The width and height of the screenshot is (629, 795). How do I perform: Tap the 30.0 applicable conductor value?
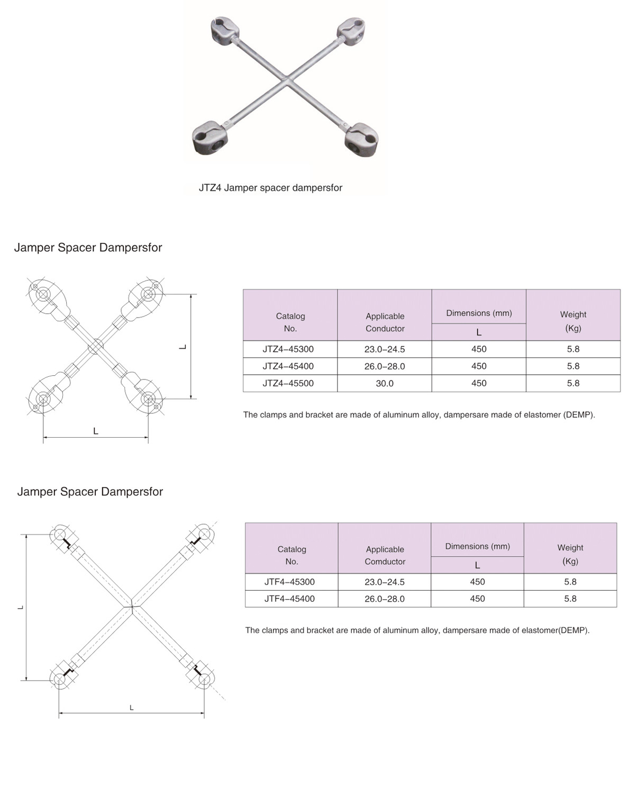[x=385, y=383]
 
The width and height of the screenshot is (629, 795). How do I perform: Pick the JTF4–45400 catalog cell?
[x=289, y=599]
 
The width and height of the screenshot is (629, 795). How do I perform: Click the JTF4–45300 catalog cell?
[x=289, y=582]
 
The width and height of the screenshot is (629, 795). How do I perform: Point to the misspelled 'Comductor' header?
[x=385, y=562]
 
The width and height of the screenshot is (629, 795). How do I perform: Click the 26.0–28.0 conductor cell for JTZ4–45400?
[x=385, y=366]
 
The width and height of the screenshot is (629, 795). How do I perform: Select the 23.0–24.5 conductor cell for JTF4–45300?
[x=385, y=582]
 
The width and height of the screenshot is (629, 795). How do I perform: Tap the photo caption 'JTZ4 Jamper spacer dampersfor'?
[x=270, y=188]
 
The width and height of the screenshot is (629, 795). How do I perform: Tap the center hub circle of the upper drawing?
[x=95, y=346]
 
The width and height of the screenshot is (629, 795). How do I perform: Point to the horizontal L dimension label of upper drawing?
[x=96, y=431]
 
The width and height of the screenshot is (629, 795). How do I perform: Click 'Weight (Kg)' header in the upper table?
[x=573, y=321]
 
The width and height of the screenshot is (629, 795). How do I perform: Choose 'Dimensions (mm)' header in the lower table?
[x=477, y=546]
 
